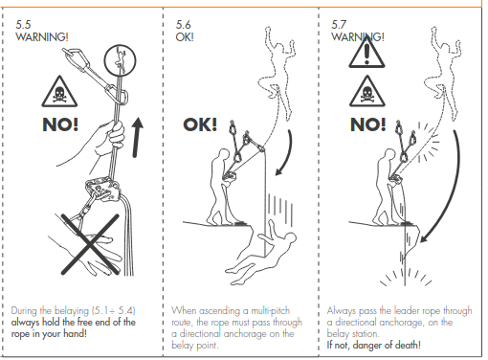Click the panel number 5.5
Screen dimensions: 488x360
click(23, 25)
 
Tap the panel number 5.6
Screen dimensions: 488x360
click(184, 25)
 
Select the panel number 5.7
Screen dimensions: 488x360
click(339, 25)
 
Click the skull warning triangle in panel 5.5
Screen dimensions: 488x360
click(59, 92)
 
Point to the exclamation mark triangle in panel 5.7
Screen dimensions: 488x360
click(366, 53)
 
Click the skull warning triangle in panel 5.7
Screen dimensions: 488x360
click(367, 92)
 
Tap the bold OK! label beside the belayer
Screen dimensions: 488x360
click(200, 124)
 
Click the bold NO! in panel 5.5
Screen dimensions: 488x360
click(60, 124)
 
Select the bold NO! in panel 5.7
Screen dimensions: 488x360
click(368, 124)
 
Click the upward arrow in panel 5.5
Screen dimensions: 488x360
click(137, 137)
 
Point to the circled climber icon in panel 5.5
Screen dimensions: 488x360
click(120, 60)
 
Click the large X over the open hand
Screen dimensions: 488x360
click(90, 244)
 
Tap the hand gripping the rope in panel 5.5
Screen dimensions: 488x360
click(108, 138)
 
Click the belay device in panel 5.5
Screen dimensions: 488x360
click(102, 191)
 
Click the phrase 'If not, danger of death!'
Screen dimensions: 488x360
click(373, 345)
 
